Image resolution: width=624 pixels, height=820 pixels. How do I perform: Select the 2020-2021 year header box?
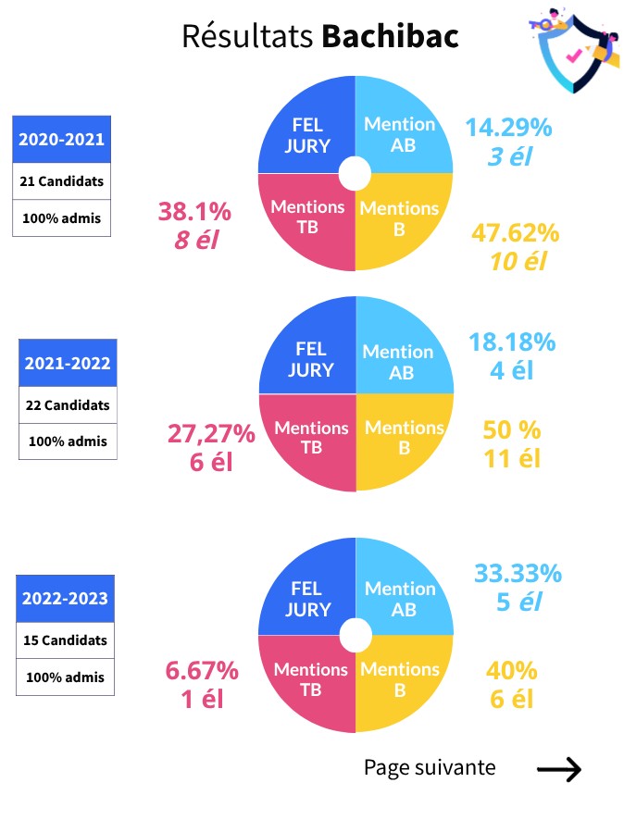(x=62, y=141)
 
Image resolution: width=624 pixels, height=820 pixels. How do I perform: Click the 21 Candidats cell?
(x=62, y=181)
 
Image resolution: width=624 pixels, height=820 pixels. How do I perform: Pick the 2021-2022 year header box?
(x=68, y=363)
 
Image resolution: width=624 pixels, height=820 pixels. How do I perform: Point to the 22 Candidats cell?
(x=68, y=404)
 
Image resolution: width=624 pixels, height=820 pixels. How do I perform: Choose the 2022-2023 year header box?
(x=66, y=598)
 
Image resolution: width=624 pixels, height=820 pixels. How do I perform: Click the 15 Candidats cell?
(x=66, y=640)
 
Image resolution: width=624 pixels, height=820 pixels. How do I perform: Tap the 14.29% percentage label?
(x=508, y=128)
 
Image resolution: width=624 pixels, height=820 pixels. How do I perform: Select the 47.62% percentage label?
(x=515, y=232)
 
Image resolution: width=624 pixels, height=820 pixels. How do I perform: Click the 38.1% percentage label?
(x=194, y=212)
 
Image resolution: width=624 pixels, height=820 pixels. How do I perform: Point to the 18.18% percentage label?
(x=512, y=342)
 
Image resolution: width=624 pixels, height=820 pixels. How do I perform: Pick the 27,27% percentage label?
(x=211, y=432)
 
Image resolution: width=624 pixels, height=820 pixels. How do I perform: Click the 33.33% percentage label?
(x=518, y=574)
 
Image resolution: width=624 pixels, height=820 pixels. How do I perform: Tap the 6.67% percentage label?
(x=202, y=670)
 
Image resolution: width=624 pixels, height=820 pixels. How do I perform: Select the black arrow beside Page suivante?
(x=559, y=768)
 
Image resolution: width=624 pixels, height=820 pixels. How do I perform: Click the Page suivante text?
(x=429, y=767)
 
